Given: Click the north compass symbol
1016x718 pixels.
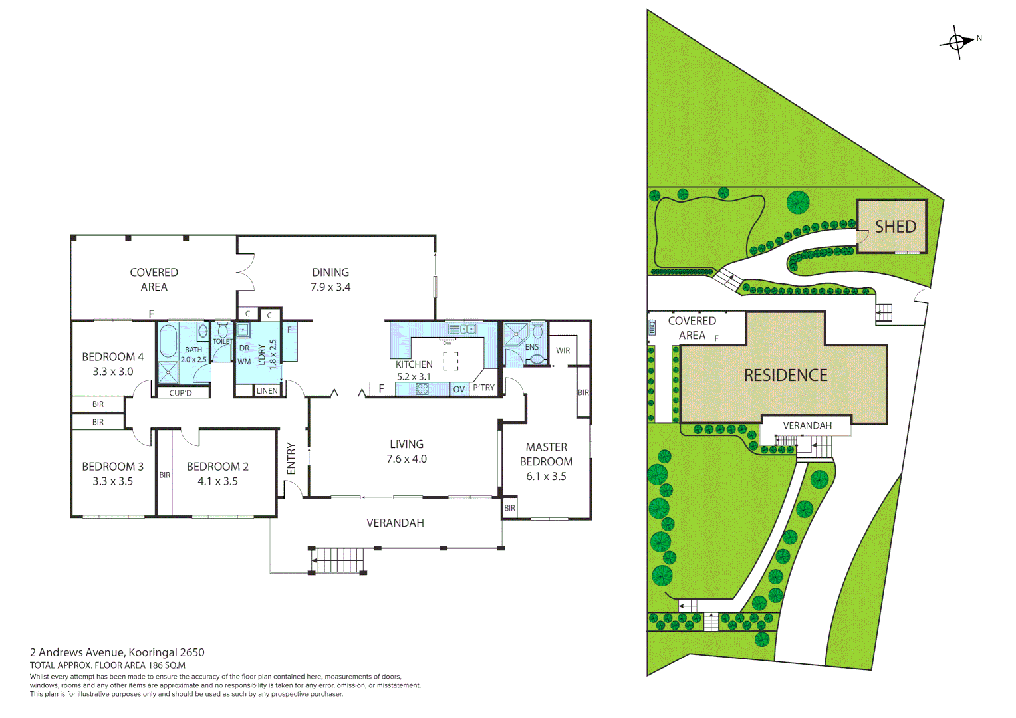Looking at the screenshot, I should coord(957,43).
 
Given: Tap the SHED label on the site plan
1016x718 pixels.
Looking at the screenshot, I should coord(895,227).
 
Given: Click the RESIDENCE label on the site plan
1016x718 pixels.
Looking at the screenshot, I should coord(785,376).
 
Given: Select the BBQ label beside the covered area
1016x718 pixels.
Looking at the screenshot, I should coord(652,327).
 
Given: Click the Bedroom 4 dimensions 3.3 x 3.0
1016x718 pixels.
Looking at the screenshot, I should coord(112,372).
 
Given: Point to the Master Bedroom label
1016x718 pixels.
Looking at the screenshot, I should coord(546,454).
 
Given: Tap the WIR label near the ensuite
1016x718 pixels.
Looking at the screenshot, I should coord(563,350).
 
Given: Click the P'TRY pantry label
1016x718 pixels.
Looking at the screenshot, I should coord(483,388).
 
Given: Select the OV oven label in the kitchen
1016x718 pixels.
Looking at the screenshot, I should coord(459,389).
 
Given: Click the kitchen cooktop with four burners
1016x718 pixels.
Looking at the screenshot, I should coord(422,389).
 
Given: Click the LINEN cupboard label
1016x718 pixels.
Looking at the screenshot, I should coord(267,390).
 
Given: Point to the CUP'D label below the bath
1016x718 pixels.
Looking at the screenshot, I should coord(180,393).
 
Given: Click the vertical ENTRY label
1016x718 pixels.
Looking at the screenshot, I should coord(291,459).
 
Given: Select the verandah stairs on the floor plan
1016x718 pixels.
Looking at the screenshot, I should coord(338,560).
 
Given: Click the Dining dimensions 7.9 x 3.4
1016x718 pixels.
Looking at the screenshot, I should coord(330,287).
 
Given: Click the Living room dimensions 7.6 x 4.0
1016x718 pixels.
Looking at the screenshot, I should coord(406,459).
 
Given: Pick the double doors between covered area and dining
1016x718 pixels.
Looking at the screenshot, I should coord(244,272).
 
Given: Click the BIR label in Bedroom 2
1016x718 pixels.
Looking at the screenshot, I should coord(164,475).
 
